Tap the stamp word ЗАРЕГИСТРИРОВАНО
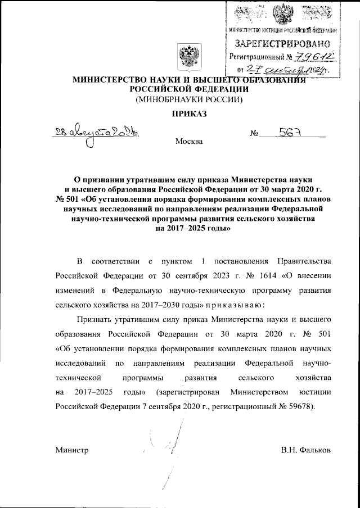click(283, 42)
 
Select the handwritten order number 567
click(291, 133)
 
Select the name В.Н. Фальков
click(305, 450)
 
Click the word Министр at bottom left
click(72, 450)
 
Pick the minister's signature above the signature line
click(169, 444)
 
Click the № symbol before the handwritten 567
click(254, 135)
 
